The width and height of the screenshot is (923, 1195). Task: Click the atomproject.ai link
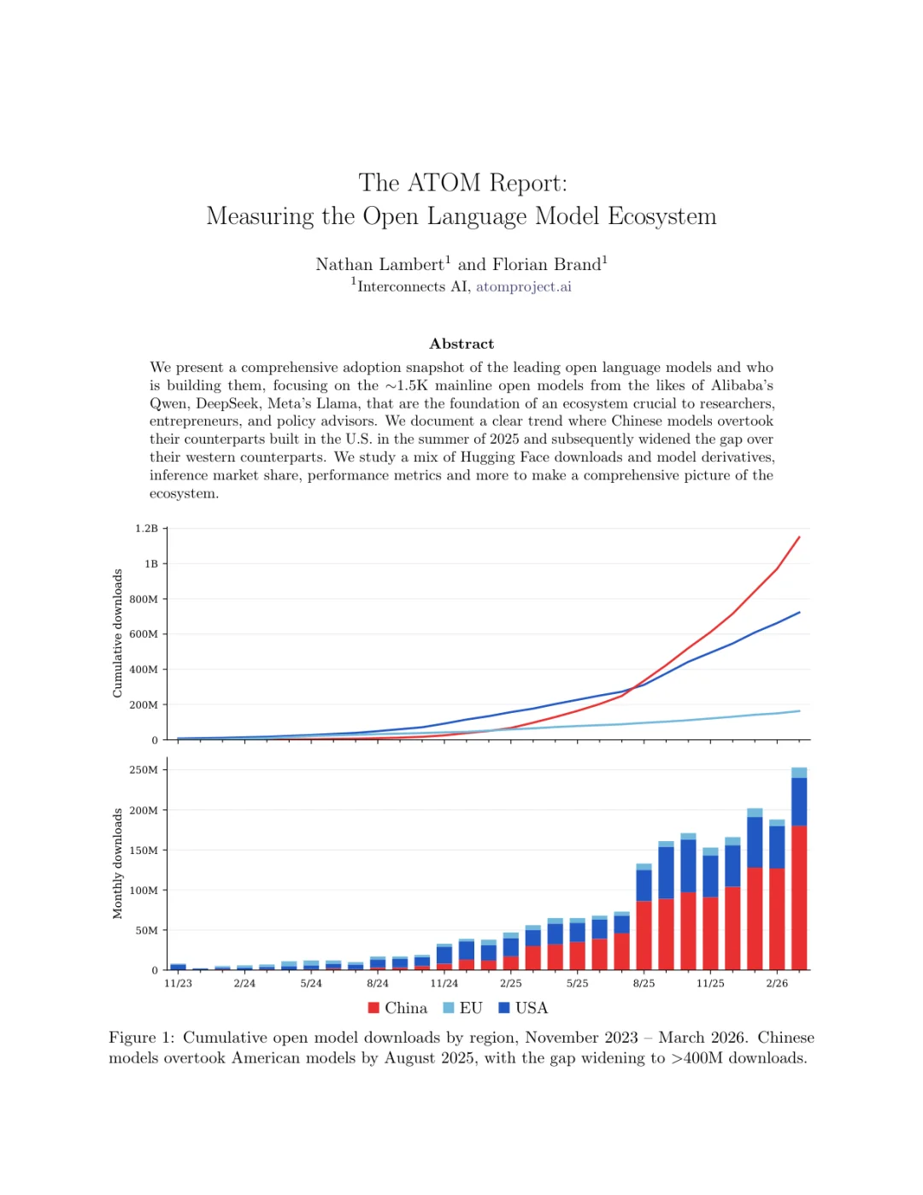[523, 286]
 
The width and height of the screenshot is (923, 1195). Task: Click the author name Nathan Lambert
[379, 265]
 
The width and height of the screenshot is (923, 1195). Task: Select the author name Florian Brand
[546, 265]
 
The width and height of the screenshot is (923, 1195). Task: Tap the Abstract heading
[461, 344]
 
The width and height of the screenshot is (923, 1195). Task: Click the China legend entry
[397, 1008]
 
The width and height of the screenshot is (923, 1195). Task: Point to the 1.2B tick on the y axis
[146, 528]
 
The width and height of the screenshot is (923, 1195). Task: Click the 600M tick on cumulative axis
[144, 634]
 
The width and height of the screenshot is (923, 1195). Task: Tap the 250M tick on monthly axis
[144, 770]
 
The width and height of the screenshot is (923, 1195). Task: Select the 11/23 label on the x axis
[178, 984]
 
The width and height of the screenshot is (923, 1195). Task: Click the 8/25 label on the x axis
[644, 984]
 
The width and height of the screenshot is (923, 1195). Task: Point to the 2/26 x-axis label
[777, 984]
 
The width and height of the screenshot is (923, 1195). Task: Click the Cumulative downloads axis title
[118, 633]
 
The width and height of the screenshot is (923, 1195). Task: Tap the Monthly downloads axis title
[118, 863]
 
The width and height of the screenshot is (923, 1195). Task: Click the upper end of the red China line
[798, 538]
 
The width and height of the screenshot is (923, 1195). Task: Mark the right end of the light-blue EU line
[799, 711]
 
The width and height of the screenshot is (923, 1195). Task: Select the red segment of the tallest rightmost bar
[799, 898]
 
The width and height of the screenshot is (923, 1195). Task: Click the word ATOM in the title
[444, 183]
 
